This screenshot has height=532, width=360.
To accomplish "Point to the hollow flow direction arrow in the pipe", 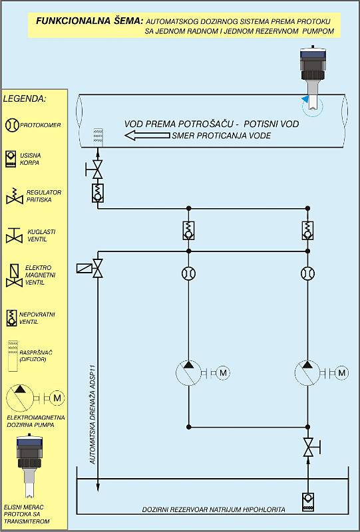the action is tap(148, 136).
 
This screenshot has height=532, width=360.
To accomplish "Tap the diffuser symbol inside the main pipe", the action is tap(98, 138).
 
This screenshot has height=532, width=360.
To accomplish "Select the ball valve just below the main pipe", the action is tap(95, 170).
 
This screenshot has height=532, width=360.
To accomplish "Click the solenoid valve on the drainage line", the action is tap(90, 269).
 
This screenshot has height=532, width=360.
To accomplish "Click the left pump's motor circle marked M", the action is tap(223, 373).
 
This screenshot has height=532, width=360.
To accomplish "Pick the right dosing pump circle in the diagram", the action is tap(307, 373).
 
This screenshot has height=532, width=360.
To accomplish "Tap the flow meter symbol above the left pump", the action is tap(188, 273).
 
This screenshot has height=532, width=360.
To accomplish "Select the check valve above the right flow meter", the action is tap(307, 230).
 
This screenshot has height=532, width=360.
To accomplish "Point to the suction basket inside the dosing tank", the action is tap(307, 502).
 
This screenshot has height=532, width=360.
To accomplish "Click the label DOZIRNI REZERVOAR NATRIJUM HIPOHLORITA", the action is tap(214, 509).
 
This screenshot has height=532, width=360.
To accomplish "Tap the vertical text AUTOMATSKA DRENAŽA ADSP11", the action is tap(92, 411).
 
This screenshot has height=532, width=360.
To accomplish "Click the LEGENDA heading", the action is tap(25, 99).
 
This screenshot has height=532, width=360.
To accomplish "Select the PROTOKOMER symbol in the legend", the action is tap(12, 125).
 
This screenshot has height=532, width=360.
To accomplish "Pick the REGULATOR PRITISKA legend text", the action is tap(44, 196).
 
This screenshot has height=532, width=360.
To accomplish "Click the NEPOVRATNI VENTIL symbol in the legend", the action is tap(11, 318).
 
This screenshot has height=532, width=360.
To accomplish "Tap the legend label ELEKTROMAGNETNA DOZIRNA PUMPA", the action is tap(36, 421).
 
